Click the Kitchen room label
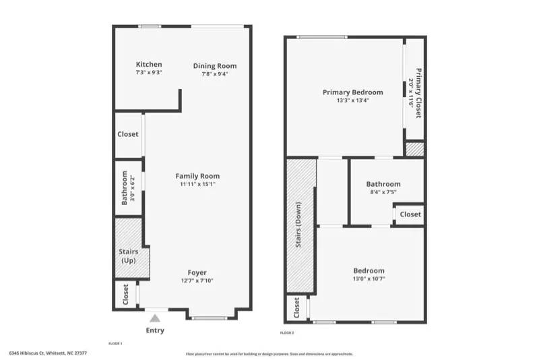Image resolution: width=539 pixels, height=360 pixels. tap(149, 65)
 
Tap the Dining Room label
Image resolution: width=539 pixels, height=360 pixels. tap(215, 65)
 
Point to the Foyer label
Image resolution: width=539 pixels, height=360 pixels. tap(197, 272)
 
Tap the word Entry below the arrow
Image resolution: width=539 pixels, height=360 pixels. tap(155, 330)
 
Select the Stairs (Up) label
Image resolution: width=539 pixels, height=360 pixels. tap(128, 256)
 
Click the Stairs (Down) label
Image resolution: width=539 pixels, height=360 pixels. tap(298, 225)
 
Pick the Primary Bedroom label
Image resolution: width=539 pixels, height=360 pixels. tap(352, 92)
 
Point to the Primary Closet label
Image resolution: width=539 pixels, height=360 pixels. tap(418, 93)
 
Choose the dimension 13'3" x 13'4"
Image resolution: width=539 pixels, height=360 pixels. tap(353, 100)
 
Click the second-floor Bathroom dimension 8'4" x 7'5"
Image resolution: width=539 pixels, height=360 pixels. tap(383, 192)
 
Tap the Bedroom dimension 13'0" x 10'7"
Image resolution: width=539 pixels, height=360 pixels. tap(368, 279)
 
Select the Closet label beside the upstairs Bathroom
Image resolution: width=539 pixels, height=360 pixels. tap(410, 214)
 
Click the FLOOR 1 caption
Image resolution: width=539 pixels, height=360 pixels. tap(115, 343)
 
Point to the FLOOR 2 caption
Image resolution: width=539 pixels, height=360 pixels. tap(287, 332)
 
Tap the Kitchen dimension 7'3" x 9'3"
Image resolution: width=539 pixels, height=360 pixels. tap(149, 72)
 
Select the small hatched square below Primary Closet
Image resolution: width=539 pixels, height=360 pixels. tap(414, 149)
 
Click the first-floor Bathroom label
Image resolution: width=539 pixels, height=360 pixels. tap(125, 188)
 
